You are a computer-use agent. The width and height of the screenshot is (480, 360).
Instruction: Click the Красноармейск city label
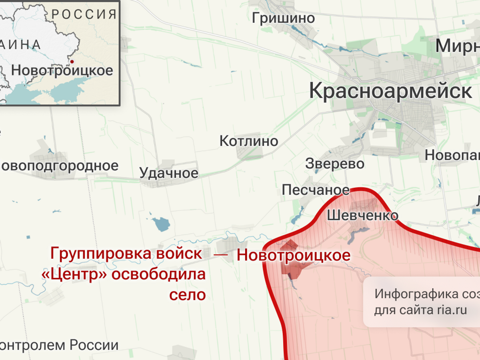click(390, 91)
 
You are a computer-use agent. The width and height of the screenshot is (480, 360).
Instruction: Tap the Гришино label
click(283, 18)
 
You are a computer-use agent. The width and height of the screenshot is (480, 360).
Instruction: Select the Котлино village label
click(248, 141)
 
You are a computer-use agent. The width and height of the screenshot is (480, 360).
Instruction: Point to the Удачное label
click(168, 173)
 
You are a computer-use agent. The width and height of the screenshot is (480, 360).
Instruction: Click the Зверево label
click(335, 164)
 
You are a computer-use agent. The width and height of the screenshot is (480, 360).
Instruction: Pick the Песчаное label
click(316, 190)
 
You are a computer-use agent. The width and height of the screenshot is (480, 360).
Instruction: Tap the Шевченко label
click(362, 216)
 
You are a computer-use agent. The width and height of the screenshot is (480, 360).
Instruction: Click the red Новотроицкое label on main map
click(293, 255)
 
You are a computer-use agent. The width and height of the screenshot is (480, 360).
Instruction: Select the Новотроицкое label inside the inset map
click(62, 70)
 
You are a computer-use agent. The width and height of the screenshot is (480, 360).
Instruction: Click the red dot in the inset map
click(72, 62)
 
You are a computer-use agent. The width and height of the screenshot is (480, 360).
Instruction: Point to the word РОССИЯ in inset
click(84, 14)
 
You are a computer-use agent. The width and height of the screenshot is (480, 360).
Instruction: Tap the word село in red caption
click(187, 295)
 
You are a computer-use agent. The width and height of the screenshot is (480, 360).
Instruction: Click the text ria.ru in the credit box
click(451, 310)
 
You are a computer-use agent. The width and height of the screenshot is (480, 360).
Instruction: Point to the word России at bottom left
click(94, 345)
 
